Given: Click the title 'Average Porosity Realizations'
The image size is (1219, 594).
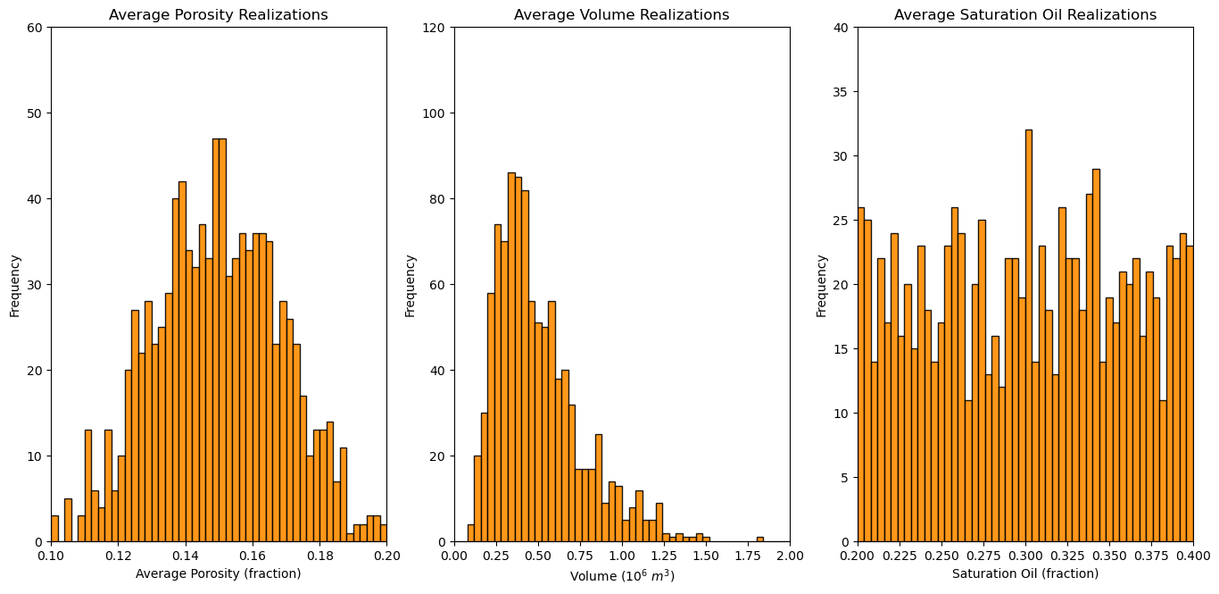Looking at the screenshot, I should point(219,15).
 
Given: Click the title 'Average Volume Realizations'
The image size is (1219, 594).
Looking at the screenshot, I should point(622,15).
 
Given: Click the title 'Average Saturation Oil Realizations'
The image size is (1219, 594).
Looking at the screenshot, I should point(1025,15).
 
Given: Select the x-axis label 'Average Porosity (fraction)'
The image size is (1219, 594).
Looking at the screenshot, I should point(219,573).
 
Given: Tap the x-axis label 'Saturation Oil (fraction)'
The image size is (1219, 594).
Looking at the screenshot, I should point(1025,573).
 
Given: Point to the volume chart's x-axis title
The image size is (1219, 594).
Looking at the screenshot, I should point(622,576).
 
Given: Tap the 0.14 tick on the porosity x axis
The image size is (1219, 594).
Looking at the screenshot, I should point(186,556).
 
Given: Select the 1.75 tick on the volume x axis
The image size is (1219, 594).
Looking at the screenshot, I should point(748,556).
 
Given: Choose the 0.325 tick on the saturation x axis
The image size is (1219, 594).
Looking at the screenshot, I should point(1067,556).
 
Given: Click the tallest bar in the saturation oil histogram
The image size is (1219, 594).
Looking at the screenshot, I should point(1028,336).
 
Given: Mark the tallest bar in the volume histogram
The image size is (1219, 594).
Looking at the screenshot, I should point(511,357).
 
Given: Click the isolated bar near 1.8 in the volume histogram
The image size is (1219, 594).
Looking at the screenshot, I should point(759,539).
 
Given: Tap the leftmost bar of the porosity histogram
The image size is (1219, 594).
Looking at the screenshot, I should point(54,529).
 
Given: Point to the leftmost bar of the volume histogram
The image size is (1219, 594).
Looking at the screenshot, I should point(470,533).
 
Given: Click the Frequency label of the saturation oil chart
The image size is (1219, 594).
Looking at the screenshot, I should point(821,285).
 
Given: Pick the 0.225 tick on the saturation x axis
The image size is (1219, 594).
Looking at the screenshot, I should point(900,556).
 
